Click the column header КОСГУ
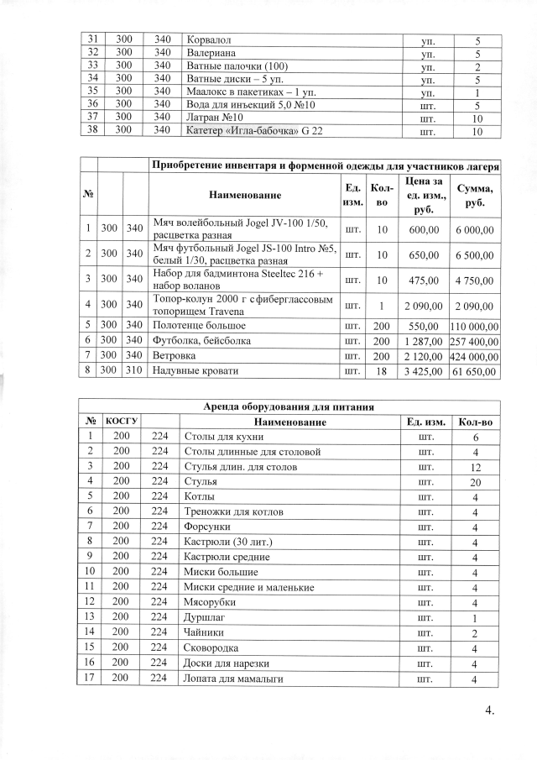pyautogui.click(x=122, y=421)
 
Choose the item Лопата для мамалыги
pyautogui.click(x=232, y=679)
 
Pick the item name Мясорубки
pyautogui.click(x=209, y=603)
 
